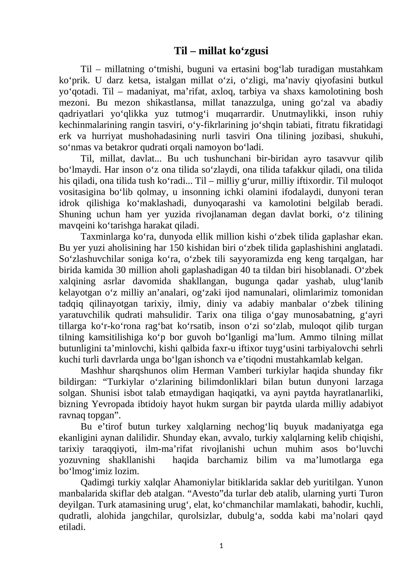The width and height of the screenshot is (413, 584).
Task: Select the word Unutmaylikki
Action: (x=297, y=114)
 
